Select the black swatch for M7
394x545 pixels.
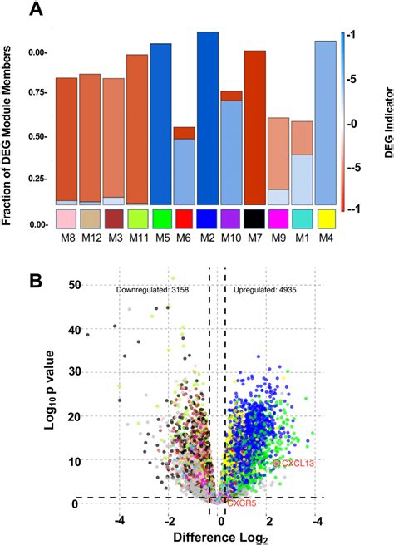point(256,219)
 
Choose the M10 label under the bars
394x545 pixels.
point(232,240)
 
